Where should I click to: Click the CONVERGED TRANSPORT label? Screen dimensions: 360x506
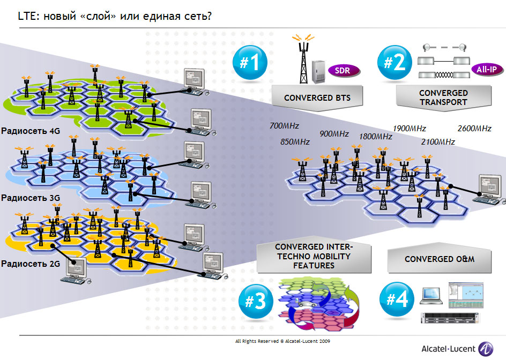pyautogui.click(x=444, y=97)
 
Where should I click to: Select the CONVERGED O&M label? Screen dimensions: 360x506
pyautogui.click(x=440, y=259)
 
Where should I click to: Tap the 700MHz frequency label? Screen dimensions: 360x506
pyautogui.click(x=284, y=126)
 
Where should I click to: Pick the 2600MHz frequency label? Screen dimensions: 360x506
pyautogui.click(x=474, y=129)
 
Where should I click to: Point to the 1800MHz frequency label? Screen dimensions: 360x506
pyautogui.click(x=376, y=137)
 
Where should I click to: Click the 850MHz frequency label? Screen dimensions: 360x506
pyautogui.click(x=295, y=142)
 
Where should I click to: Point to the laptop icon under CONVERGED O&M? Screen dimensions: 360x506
pyautogui.click(x=431, y=294)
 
